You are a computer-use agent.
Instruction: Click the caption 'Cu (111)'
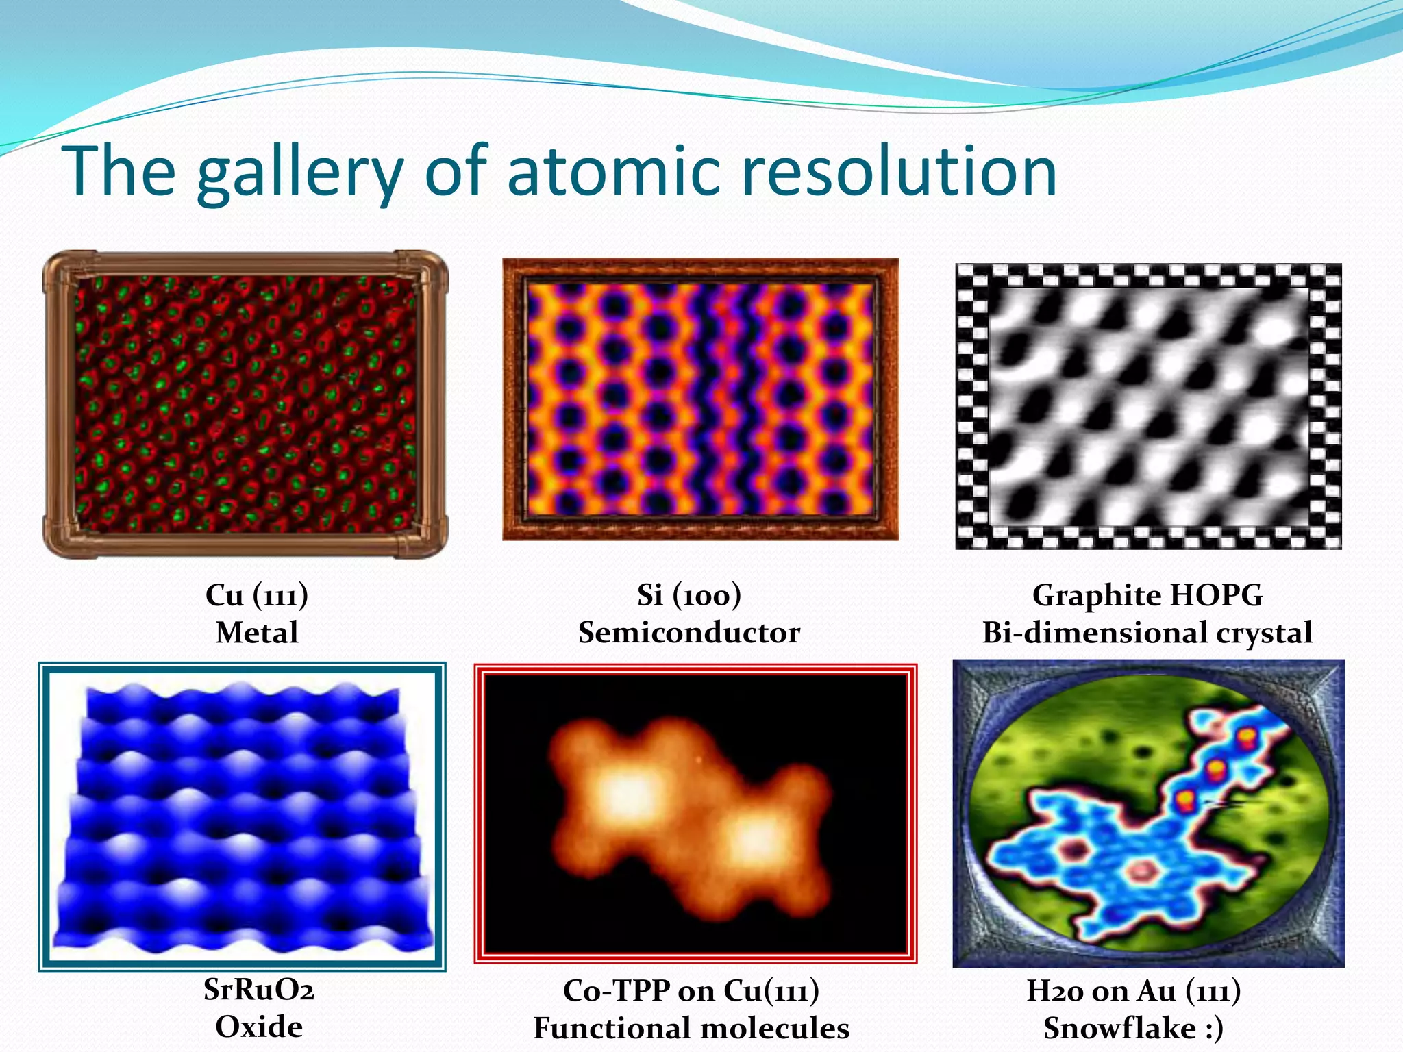(257, 594)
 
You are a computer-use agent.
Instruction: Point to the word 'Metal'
(257, 632)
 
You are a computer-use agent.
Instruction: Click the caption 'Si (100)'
(689, 594)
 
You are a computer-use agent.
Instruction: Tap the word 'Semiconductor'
(689, 632)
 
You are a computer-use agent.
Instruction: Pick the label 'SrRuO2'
(259, 990)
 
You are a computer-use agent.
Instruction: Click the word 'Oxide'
(259, 1027)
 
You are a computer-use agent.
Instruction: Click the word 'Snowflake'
(1119, 1028)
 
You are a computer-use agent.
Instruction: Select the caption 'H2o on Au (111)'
(1134, 990)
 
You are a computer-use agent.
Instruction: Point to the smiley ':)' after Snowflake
(1213, 1028)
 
